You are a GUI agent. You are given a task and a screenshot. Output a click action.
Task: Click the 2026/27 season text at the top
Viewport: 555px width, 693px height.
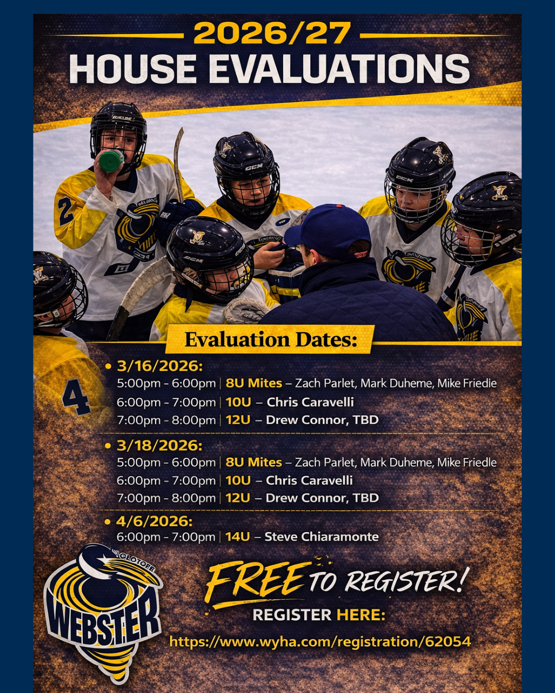coord(272,33)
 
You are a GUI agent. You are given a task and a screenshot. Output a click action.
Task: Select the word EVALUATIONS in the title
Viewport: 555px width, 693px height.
coord(339,69)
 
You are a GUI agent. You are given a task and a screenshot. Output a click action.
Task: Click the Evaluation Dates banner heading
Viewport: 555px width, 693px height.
coord(271,340)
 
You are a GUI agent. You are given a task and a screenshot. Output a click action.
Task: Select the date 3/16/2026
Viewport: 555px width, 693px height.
coord(160,366)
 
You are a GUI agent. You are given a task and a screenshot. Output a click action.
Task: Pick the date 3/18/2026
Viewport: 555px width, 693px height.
coord(160,446)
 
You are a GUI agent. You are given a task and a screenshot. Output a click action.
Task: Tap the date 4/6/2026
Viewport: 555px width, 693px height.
coord(154,522)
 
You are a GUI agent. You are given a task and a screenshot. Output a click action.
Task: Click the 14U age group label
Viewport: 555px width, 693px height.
coord(237,537)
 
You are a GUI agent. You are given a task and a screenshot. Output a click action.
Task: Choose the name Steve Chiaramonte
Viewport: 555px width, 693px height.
coord(322,537)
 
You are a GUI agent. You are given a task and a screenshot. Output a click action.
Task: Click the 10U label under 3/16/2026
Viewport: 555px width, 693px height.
coord(238,402)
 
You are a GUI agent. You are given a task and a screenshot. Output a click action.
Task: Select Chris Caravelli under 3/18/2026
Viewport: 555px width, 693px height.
coord(309,480)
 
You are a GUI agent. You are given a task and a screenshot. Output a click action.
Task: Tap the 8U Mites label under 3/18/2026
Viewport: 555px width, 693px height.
coord(254,463)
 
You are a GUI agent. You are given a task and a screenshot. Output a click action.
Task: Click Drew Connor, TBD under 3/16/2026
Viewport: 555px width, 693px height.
coord(322,420)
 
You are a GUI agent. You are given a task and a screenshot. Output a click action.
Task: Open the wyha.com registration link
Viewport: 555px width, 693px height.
coord(320,641)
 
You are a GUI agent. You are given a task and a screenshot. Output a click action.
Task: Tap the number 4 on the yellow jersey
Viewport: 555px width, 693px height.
coord(76,397)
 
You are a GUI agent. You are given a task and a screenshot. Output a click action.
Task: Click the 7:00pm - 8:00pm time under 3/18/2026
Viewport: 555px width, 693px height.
coord(166,498)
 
